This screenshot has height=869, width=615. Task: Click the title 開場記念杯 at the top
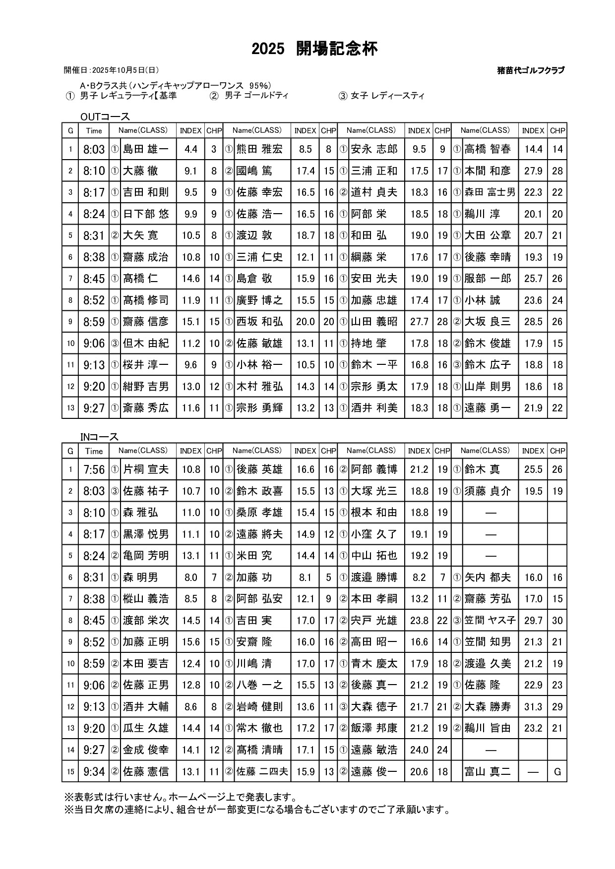(337, 49)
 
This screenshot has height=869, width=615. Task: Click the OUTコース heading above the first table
(105, 117)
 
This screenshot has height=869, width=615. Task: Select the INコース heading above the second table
(99, 437)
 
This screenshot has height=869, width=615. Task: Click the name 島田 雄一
(145, 149)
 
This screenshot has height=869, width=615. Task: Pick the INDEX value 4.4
(190, 149)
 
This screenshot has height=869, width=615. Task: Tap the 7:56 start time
(94, 469)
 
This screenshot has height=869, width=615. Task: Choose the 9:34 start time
(94, 772)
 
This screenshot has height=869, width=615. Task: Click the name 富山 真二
(488, 772)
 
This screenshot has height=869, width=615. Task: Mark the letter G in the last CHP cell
(557, 772)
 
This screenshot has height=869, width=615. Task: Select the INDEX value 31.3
(533, 707)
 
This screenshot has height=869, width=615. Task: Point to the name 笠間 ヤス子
(490, 621)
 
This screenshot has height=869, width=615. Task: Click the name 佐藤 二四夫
(262, 772)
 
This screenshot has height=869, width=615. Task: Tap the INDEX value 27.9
(533, 171)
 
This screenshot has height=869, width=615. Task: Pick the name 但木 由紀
(145, 344)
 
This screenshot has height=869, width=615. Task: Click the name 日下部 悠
(145, 214)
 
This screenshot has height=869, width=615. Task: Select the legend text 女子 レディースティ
(387, 96)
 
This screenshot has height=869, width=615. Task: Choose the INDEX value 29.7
(533, 621)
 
